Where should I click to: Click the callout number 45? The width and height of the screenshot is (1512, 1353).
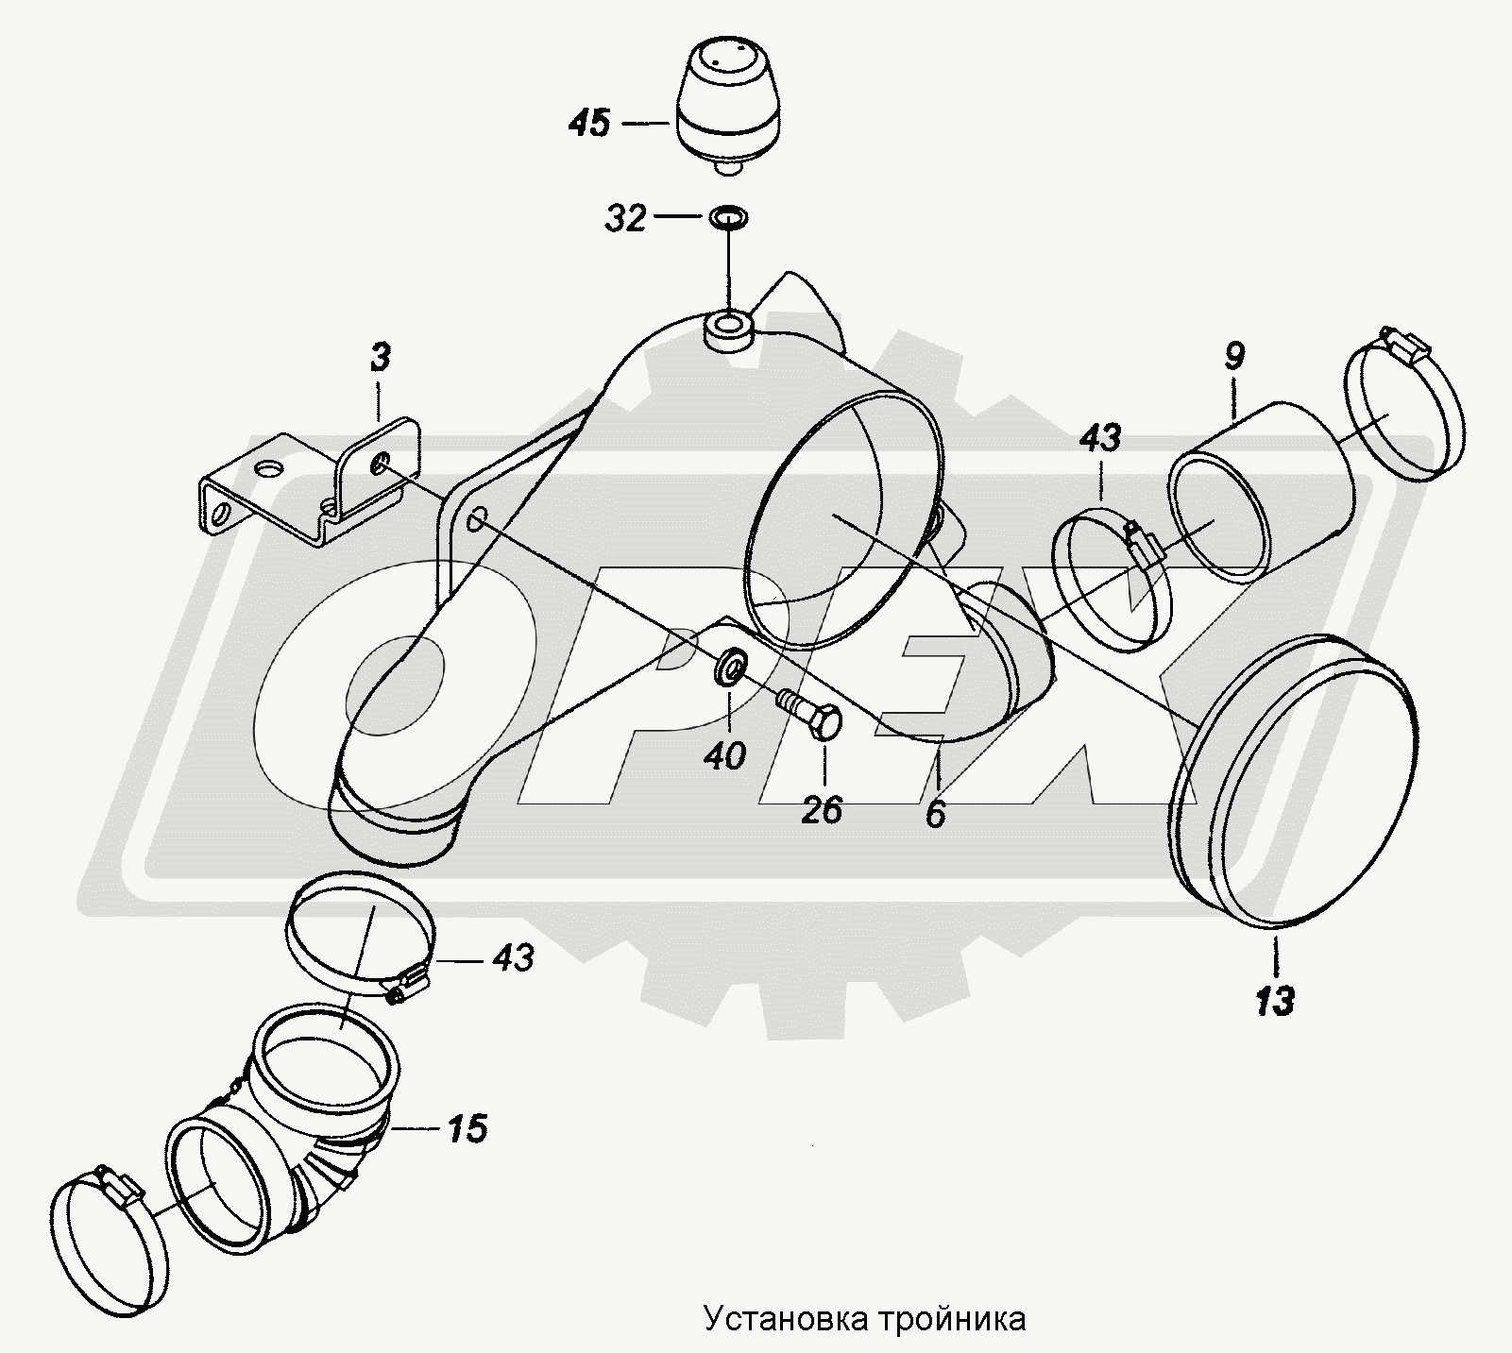pyautogui.click(x=590, y=123)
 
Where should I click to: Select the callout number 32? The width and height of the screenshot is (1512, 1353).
pyautogui.click(x=625, y=219)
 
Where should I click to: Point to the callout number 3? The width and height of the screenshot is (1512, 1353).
pyautogui.click(x=379, y=359)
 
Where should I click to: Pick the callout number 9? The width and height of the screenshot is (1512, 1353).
pyautogui.click(x=1234, y=357)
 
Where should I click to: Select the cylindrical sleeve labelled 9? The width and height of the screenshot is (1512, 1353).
pyautogui.click(x=1261, y=491)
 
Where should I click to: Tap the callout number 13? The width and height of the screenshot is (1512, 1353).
pyautogui.click(x=1275, y=1001)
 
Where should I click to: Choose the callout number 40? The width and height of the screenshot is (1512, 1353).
pyautogui.click(x=725, y=755)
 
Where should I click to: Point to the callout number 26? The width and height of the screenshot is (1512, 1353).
pyautogui.click(x=822, y=809)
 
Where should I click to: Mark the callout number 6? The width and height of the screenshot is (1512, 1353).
pyautogui.click(x=935, y=814)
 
